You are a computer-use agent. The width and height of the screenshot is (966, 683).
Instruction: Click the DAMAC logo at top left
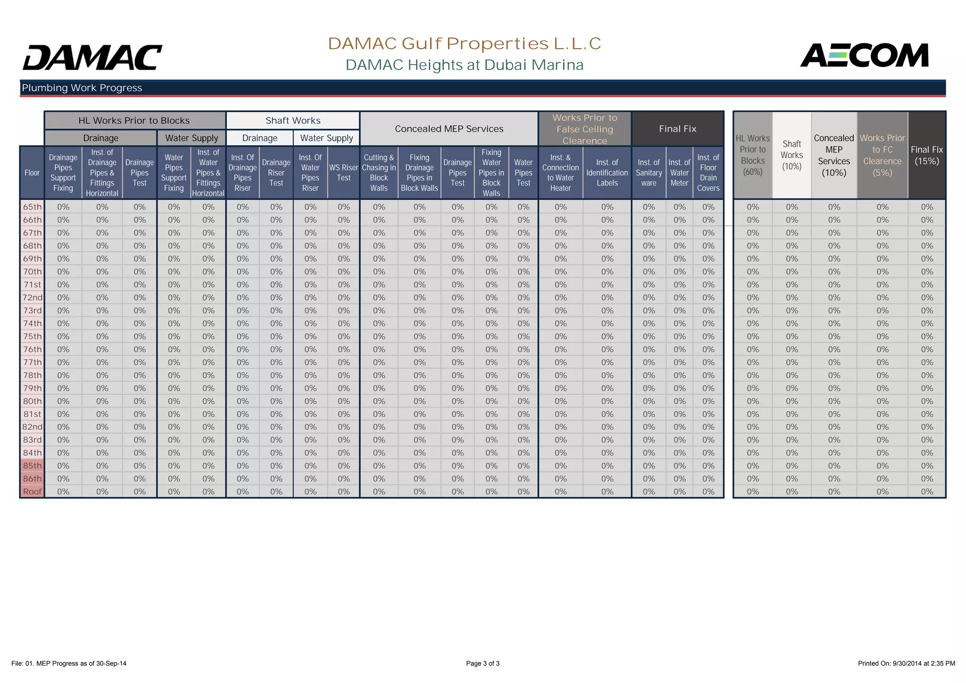pyautogui.click(x=92, y=58)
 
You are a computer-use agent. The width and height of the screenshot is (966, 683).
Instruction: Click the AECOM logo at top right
pyautogui.click(x=864, y=56)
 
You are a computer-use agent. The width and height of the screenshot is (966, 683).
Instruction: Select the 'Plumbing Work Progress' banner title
pyautogui.click(x=82, y=88)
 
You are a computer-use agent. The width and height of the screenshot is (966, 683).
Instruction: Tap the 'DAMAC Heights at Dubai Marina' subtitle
pyautogui.click(x=465, y=65)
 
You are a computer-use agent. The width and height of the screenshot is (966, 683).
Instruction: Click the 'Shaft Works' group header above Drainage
pyautogui.click(x=293, y=121)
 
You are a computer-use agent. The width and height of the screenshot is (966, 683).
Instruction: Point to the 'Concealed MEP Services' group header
pyautogui.click(x=449, y=129)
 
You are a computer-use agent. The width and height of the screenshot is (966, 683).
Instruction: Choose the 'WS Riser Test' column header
pyautogui.click(x=343, y=173)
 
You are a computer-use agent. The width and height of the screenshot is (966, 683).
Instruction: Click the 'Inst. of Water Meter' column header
pyautogui.click(x=679, y=173)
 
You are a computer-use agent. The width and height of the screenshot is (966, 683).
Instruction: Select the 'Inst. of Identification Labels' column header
pyautogui.click(x=607, y=173)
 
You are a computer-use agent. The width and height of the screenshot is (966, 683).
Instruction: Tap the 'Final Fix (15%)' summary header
pyautogui.click(x=927, y=155)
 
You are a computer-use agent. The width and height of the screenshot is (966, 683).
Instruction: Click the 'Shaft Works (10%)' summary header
pyautogui.click(x=791, y=155)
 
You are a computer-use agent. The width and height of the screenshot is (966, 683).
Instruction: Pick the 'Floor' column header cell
pyautogui.click(x=32, y=173)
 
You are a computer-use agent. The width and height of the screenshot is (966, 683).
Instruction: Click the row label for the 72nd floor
pyautogui.click(x=33, y=298)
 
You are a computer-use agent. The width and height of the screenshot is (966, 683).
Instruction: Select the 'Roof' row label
pyautogui.click(x=33, y=491)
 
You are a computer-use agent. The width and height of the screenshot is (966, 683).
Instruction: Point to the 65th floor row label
pyautogui.click(x=33, y=207)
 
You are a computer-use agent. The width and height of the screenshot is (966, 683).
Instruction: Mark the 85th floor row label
pyautogui.click(x=33, y=466)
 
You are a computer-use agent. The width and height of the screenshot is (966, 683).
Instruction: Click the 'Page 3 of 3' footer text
pyautogui.click(x=483, y=663)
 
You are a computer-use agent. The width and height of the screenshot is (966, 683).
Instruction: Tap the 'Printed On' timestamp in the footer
pyautogui.click(x=906, y=663)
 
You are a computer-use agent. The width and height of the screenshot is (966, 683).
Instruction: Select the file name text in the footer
pyautogui.click(x=69, y=663)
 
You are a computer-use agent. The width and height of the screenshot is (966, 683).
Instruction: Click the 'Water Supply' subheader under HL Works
pyautogui.click(x=192, y=138)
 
